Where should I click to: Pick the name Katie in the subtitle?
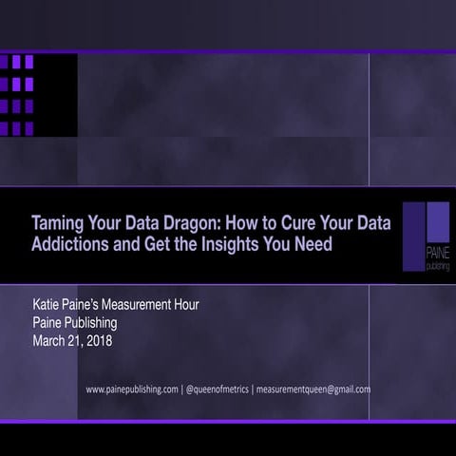[48, 305]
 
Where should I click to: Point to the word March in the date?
[50, 341]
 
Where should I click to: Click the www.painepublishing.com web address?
[131, 389]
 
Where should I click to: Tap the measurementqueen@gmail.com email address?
[311, 389]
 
